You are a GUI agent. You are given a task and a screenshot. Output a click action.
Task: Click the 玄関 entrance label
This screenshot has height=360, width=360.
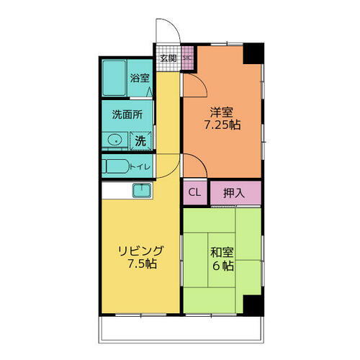coord(168,58)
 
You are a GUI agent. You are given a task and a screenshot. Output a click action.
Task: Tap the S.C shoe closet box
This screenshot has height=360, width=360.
coord(186,58)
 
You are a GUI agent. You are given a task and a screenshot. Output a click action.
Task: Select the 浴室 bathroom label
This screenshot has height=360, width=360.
coord(139,78)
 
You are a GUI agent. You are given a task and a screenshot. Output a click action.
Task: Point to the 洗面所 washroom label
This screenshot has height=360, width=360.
coord(126,114)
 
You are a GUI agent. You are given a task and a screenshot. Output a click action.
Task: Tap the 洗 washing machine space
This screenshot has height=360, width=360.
coord(140,140)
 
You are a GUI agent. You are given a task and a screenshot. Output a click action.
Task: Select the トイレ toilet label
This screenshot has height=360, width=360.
coord(140,167)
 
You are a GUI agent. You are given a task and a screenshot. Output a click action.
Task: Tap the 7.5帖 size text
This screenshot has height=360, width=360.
coord(141,264)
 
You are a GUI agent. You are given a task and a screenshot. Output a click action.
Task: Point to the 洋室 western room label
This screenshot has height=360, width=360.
coord(221,112)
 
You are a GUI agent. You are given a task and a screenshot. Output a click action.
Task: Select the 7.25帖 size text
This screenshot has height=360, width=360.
coord(221,125)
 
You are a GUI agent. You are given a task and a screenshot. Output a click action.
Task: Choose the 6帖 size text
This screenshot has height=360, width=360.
coord(221,266)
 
